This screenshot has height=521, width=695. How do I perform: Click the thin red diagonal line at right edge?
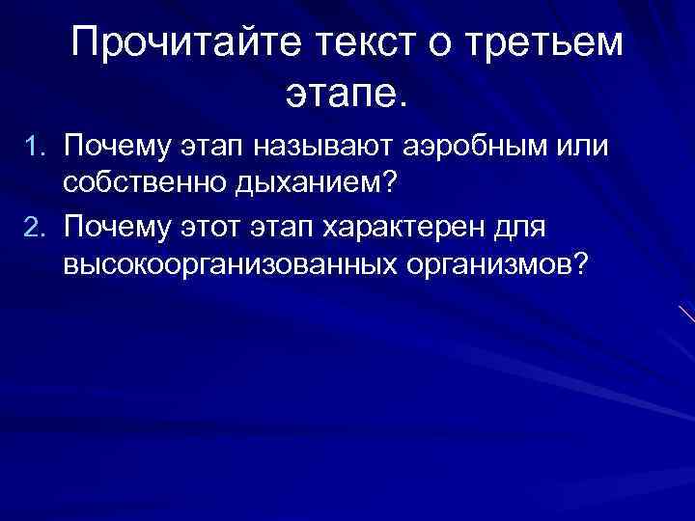(x=686, y=314)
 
